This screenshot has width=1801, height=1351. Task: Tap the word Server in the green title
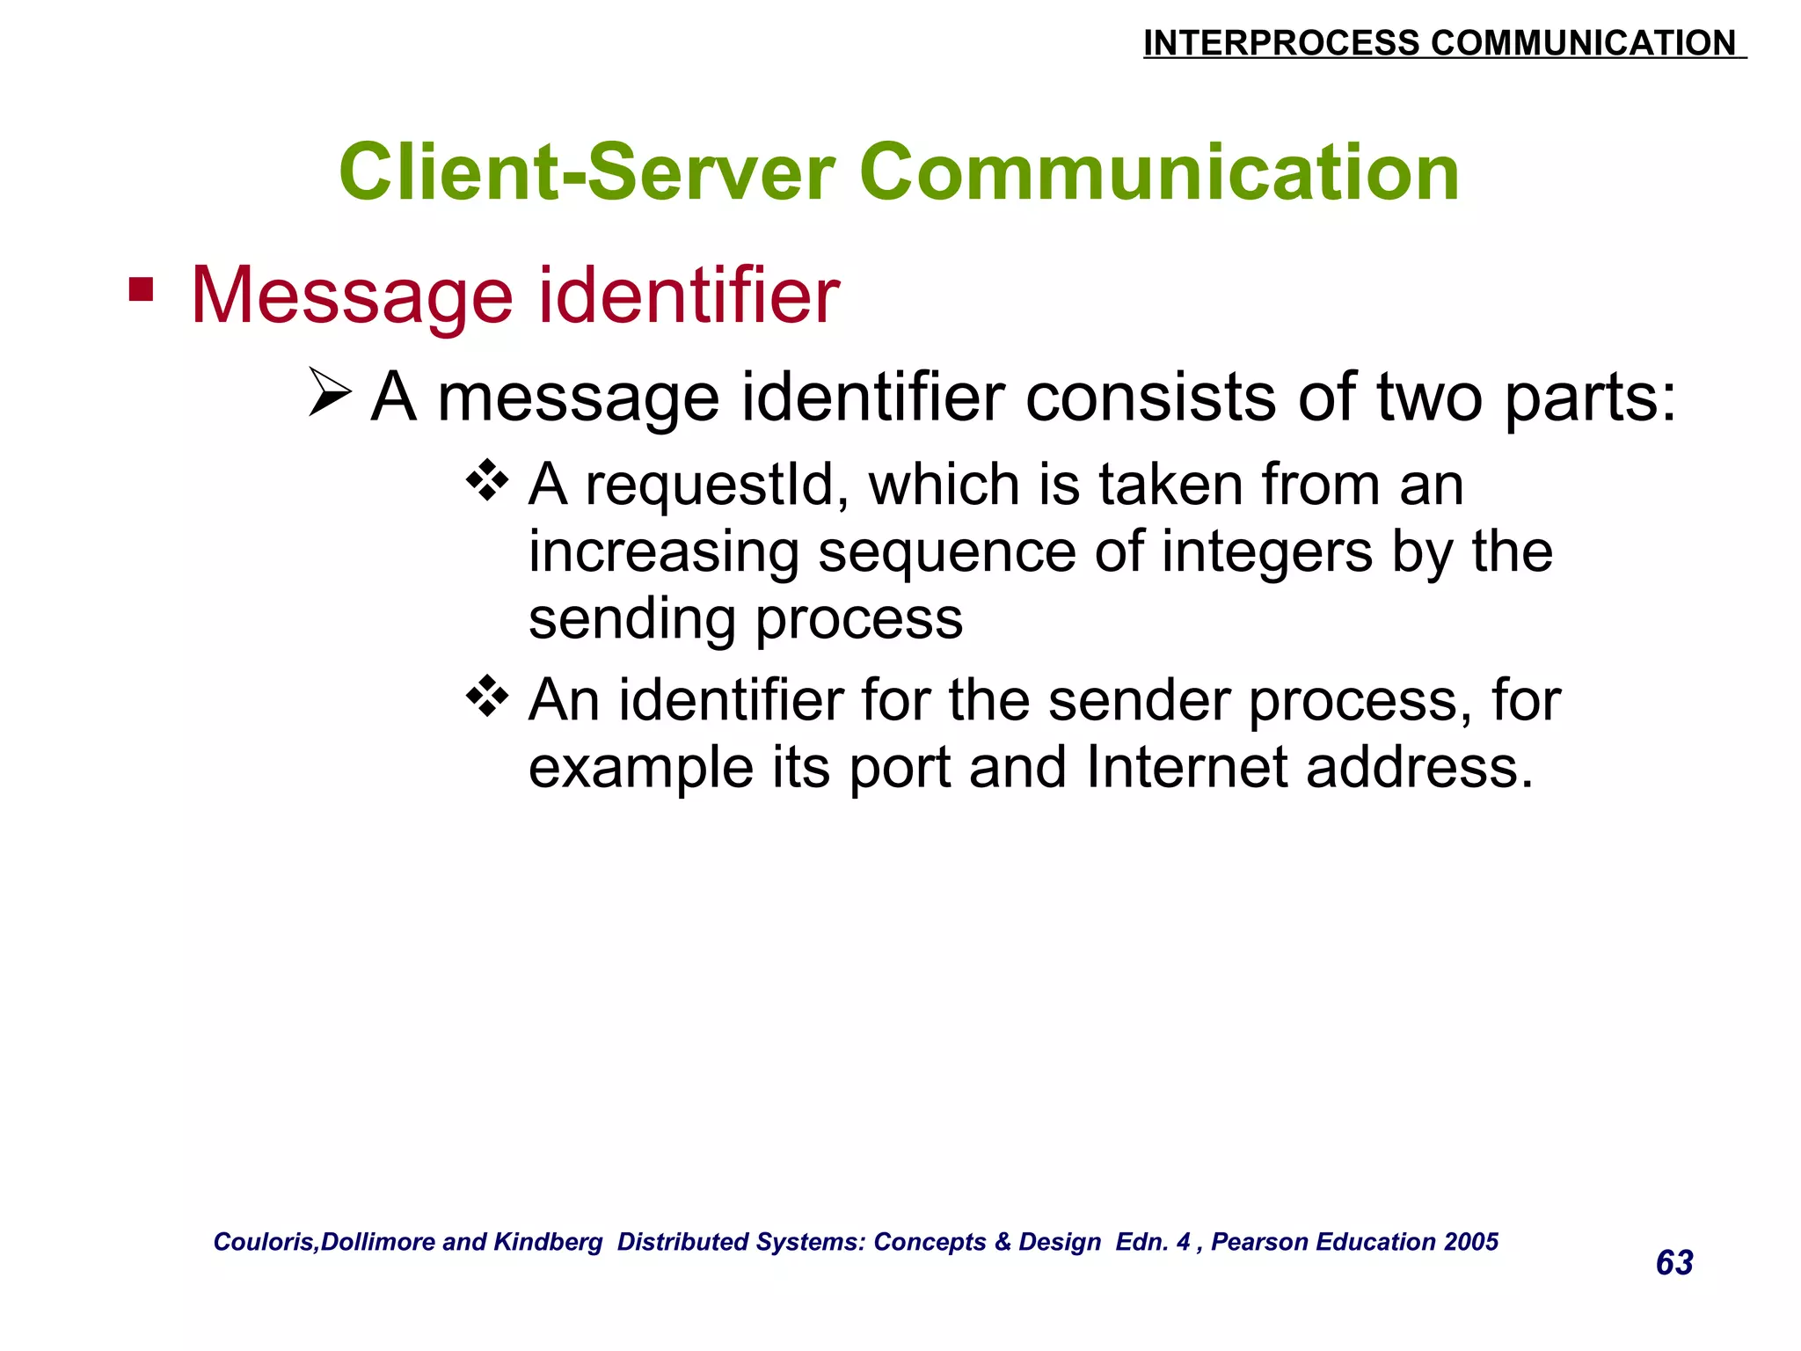coord(711,172)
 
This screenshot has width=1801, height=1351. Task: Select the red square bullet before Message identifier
coord(141,289)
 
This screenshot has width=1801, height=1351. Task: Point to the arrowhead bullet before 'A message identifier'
coord(331,393)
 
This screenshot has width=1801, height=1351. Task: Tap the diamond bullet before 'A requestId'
coord(487,481)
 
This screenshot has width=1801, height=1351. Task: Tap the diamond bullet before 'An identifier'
coord(487,697)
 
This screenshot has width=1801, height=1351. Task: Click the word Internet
coord(1186,767)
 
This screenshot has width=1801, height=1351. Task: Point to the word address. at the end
coord(1419,767)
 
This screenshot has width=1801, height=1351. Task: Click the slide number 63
coord(1674,1263)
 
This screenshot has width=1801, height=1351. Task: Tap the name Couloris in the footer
coord(264,1242)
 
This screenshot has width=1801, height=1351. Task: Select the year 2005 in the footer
coord(1470,1242)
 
